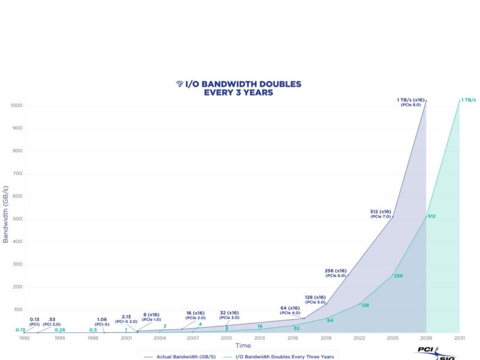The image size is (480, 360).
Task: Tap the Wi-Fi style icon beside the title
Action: [179, 84]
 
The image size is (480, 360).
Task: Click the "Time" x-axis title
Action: [243, 346]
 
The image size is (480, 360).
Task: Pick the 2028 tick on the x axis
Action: [426, 338]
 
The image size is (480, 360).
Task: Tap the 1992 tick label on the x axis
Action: [24, 338]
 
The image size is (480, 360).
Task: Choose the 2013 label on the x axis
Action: [259, 338]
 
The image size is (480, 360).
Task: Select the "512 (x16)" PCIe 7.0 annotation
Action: [380, 214]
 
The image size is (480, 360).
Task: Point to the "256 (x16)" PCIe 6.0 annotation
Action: [337, 273]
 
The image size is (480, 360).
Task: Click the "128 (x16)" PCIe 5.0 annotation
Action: [315, 299]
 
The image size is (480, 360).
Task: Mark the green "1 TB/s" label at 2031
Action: [468, 100]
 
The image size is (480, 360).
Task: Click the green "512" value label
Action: [431, 215]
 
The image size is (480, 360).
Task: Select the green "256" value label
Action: [398, 275]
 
